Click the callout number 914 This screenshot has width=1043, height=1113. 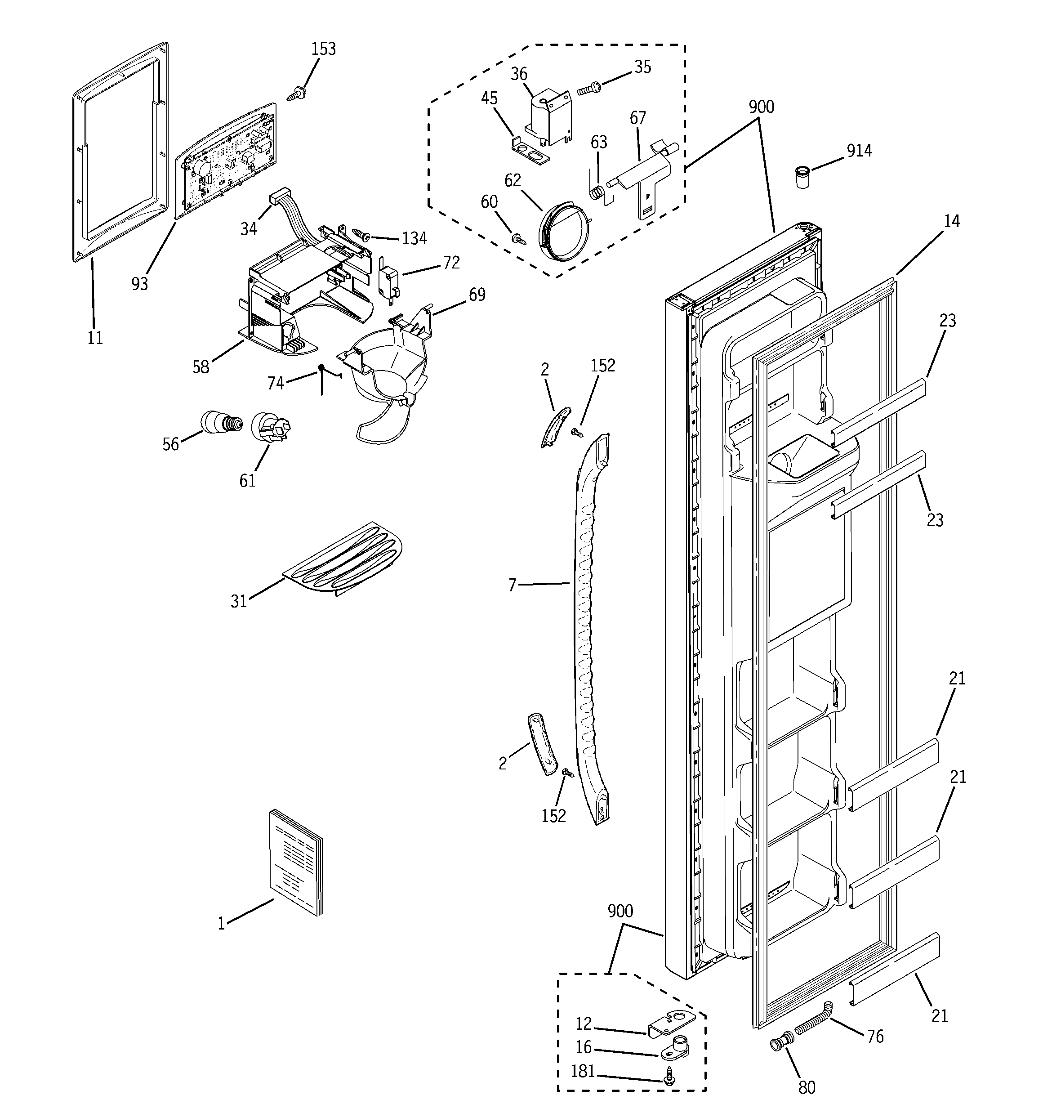(x=859, y=151)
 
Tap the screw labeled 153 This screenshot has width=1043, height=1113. (x=296, y=94)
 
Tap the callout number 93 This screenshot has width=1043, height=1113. (x=139, y=284)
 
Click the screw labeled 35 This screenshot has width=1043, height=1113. (x=588, y=88)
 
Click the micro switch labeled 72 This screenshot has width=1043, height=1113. (x=389, y=279)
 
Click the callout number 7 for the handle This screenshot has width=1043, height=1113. (x=512, y=585)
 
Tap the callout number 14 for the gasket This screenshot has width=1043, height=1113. (x=951, y=221)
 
